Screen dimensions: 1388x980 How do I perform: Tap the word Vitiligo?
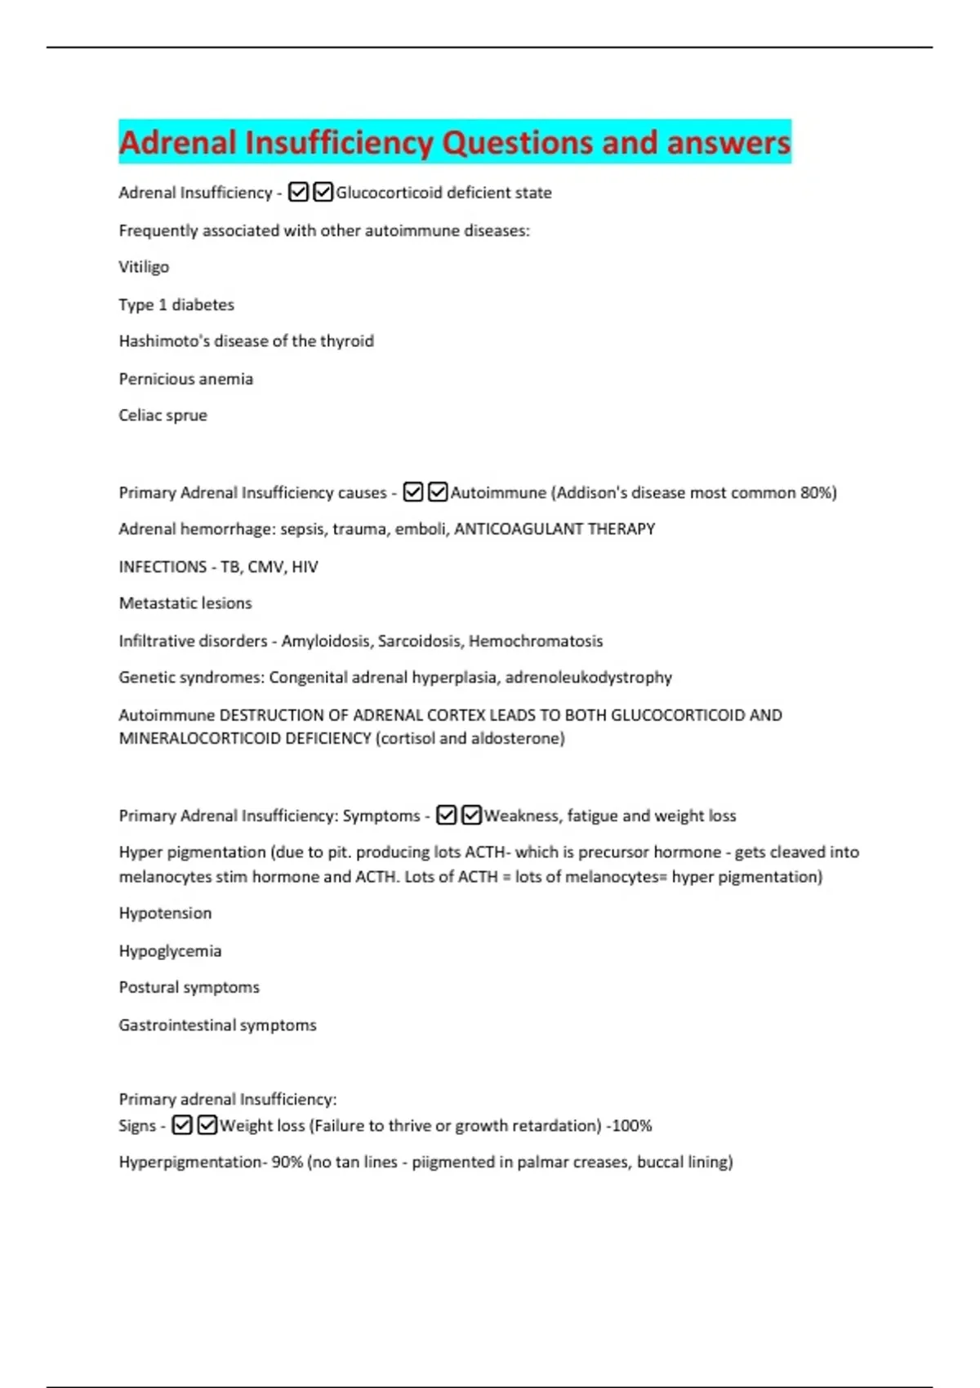click(144, 267)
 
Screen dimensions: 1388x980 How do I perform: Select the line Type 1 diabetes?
click(176, 305)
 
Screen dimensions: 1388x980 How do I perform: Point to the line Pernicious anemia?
click(185, 379)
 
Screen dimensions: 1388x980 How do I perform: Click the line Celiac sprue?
click(163, 416)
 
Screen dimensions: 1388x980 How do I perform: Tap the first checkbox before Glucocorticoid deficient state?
click(299, 193)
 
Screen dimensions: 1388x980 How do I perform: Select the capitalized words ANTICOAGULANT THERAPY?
click(555, 529)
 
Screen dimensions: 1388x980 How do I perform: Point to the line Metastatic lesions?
click(185, 603)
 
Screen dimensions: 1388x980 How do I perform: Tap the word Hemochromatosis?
click(536, 641)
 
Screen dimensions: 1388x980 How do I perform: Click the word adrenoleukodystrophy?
click(589, 678)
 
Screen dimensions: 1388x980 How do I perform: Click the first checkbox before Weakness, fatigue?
click(446, 816)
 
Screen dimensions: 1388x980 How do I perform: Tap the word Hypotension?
click(165, 914)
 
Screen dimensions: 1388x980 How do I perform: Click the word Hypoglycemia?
click(170, 951)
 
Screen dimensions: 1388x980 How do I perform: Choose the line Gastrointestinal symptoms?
click(217, 1025)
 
